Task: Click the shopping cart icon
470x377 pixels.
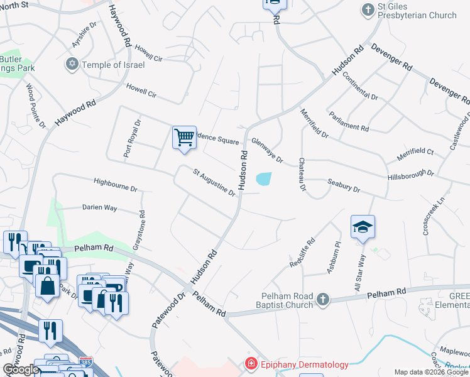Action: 184,138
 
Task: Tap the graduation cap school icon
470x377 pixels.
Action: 363,227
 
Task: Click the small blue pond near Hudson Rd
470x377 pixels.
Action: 264,180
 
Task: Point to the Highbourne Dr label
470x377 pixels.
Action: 114,185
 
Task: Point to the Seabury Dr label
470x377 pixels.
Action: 344,185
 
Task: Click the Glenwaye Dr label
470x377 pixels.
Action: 267,151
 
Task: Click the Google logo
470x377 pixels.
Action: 21,369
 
